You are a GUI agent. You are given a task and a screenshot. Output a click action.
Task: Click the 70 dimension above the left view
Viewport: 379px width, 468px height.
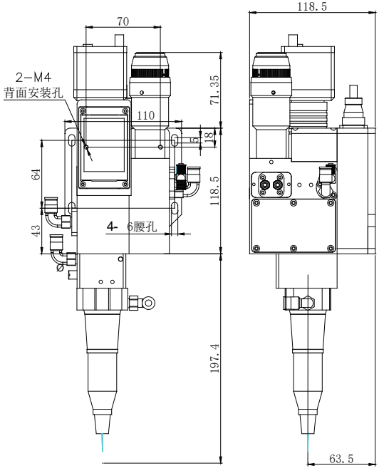click(x=123, y=22)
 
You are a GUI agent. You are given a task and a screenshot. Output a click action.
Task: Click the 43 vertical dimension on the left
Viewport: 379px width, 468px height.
click(x=36, y=231)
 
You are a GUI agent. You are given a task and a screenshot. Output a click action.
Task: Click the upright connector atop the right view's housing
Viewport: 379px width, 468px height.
click(x=353, y=101)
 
